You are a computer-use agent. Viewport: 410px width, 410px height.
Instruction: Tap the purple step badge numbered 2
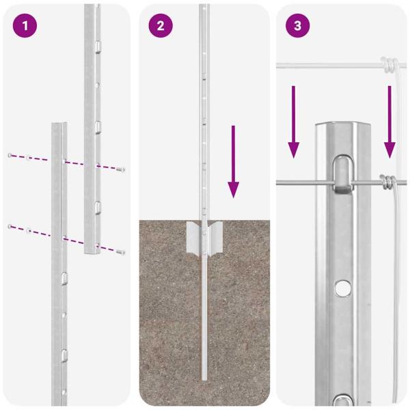click(x=161, y=27)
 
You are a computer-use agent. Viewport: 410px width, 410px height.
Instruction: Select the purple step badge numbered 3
click(x=297, y=27)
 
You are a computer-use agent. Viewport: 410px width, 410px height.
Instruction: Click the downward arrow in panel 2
click(x=233, y=161)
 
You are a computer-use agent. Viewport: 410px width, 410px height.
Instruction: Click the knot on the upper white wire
click(x=389, y=66)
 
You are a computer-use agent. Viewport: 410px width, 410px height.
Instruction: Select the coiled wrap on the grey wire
click(x=387, y=182)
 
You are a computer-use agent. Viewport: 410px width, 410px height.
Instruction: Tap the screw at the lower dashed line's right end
click(x=122, y=251)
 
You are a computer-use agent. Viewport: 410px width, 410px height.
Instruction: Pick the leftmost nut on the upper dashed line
click(x=10, y=155)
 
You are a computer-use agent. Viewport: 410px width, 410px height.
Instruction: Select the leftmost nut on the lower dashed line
click(x=10, y=225)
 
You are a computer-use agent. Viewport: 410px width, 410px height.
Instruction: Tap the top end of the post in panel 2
click(x=204, y=7)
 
